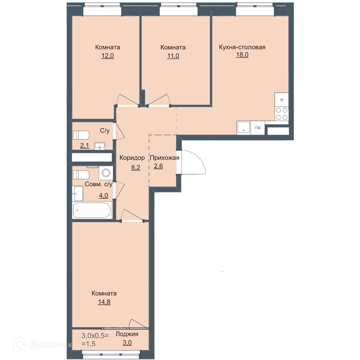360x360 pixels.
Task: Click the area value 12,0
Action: (107, 56)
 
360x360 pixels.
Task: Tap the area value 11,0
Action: (173, 56)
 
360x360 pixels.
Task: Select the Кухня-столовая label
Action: (242, 47)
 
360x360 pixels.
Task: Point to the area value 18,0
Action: (242, 55)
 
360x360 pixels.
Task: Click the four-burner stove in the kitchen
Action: (282, 114)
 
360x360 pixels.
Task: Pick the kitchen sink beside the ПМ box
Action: (244, 128)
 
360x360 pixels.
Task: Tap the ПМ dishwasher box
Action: (258, 128)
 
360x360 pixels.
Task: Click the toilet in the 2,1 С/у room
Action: (81, 135)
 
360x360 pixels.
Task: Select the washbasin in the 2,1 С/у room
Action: (100, 146)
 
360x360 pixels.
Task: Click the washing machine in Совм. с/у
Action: (106, 173)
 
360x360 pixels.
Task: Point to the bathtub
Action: (92, 210)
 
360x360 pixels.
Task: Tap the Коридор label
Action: (132, 158)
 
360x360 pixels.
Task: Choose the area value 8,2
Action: (136, 168)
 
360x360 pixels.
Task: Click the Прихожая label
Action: (165, 158)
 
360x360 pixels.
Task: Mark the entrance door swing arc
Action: (199, 158)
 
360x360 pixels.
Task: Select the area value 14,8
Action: (104, 302)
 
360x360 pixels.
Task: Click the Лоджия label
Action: (127, 334)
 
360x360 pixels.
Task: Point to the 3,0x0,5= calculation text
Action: (95, 336)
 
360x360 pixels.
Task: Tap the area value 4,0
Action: (104, 195)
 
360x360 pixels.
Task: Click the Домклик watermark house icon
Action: (20, 344)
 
